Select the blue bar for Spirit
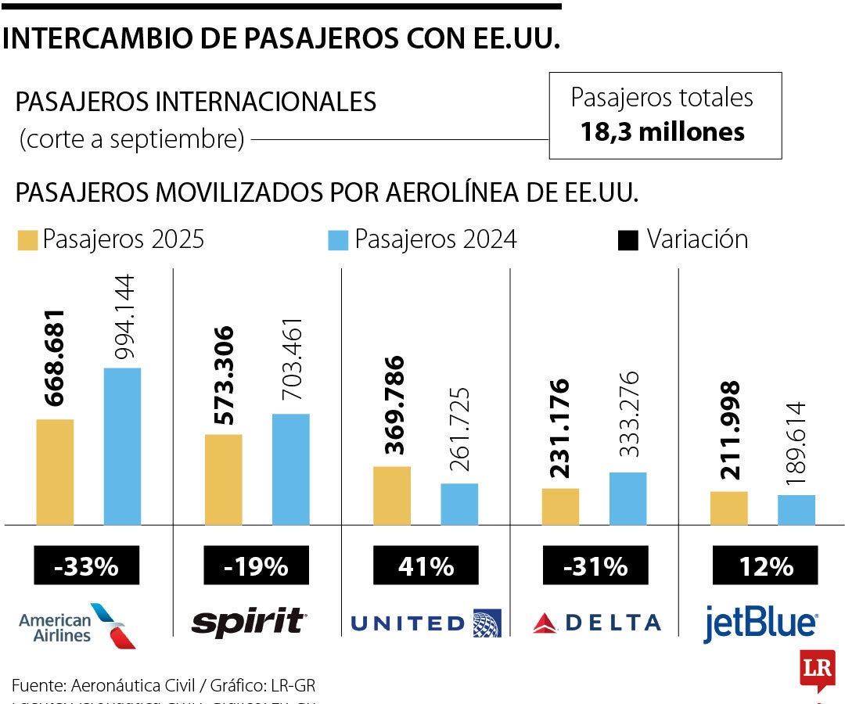(x=290, y=469)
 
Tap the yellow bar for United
(x=392, y=495)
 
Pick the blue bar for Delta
(x=627, y=498)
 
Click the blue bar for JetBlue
(x=796, y=509)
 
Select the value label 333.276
(x=627, y=415)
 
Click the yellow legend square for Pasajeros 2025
(x=27, y=240)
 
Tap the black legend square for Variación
(x=627, y=240)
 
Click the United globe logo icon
(x=487, y=623)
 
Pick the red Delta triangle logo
(x=545, y=623)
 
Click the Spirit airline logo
(x=249, y=622)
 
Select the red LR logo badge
(x=817, y=669)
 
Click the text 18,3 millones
(x=662, y=131)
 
